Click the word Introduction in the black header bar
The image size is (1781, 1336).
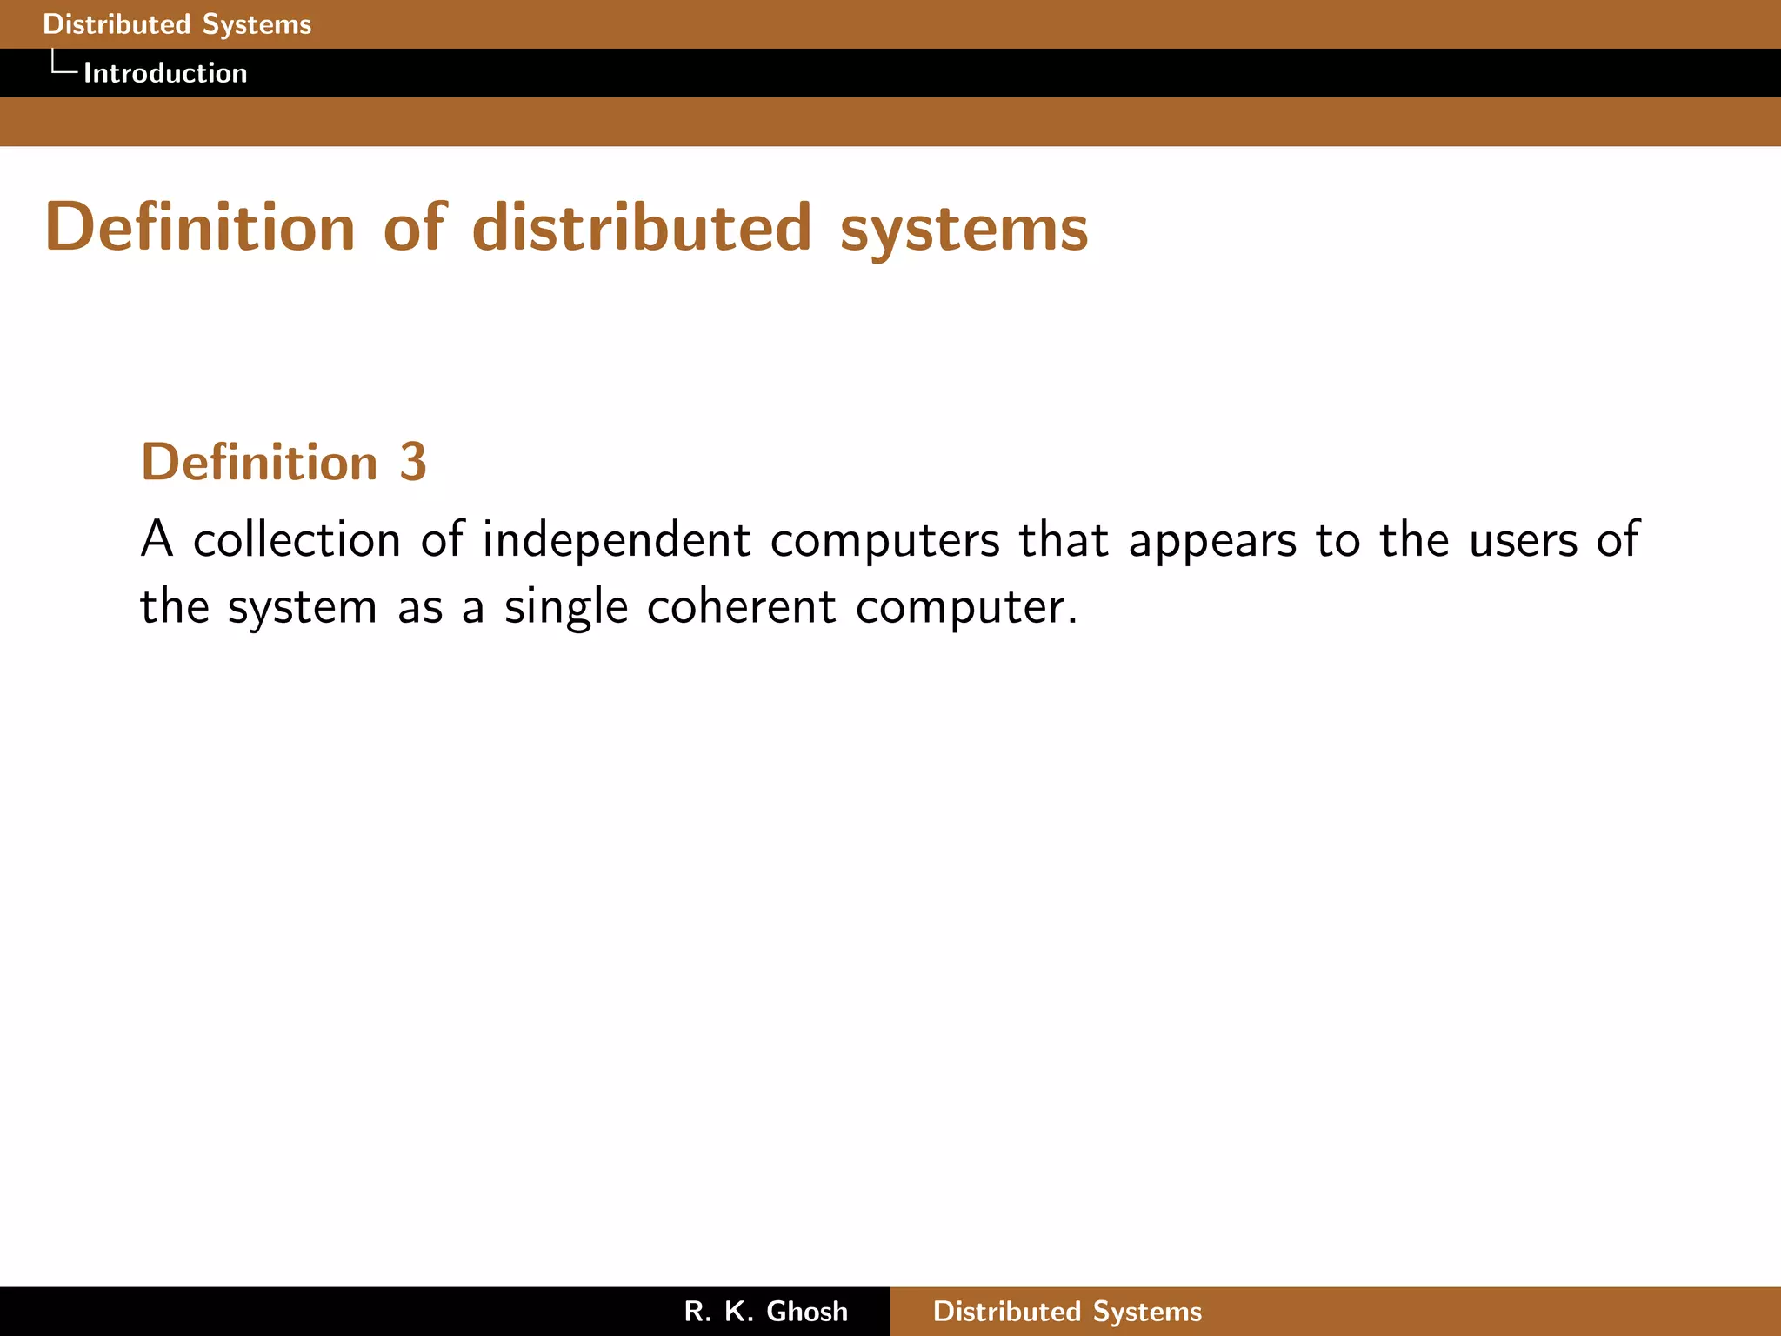[x=165, y=73]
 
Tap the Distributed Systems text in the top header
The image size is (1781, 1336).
[x=177, y=24]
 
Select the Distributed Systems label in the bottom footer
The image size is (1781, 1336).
[x=1067, y=1312]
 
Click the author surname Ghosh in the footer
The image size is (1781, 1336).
[x=807, y=1312]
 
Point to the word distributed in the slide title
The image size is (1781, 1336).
[x=642, y=228]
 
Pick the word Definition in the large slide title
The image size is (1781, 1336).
[x=200, y=228]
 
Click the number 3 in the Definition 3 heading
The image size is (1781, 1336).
[x=413, y=462]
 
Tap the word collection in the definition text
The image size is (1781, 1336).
[x=297, y=539]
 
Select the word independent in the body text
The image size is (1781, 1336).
[x=617, y=541]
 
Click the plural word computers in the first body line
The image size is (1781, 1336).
[x=885, y=541]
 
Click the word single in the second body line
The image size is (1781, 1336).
[x=566, y=607]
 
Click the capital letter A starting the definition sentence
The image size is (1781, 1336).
[x=157, y=539]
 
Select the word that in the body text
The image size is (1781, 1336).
[x=1064, y=539]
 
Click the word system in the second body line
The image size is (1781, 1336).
[x=303, y=607]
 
